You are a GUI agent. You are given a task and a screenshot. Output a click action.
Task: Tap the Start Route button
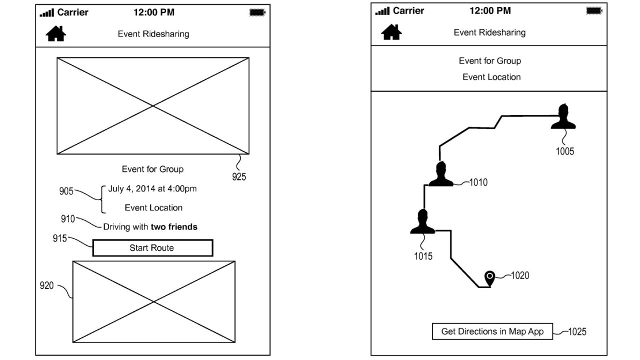coord(152,248)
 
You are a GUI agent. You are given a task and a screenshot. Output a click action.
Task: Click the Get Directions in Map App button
coord(492,331)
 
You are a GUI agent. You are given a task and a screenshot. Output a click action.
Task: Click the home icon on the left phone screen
coord(55,33)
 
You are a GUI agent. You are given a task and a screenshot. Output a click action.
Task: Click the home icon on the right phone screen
coord(391,32)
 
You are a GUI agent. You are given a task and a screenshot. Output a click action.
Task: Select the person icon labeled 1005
coord(563,117)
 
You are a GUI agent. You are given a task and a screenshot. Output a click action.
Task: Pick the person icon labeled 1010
coord(440,174)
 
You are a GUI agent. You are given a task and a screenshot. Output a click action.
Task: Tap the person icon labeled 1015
coord(422,222)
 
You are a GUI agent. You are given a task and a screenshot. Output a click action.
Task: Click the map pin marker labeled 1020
coord(490,278)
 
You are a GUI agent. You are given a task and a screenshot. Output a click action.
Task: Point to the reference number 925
coord(239,176)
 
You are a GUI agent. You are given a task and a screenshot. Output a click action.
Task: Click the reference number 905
coord(66,191)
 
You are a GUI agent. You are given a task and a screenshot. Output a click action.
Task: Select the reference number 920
coord(47,285)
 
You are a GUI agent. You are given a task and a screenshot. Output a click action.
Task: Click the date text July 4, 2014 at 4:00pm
coord(152,188)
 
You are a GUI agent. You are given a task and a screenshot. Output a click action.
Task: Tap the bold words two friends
coord(174,227)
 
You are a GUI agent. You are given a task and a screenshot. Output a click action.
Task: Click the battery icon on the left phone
coord(257,12)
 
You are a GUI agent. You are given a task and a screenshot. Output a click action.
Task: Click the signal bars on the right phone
coord(382,11)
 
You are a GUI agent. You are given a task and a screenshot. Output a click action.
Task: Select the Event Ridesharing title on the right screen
coord(489,32)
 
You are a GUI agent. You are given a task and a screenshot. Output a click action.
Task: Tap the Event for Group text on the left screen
coord(152,169)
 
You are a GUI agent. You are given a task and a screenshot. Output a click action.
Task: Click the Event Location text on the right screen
coord(491,77)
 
